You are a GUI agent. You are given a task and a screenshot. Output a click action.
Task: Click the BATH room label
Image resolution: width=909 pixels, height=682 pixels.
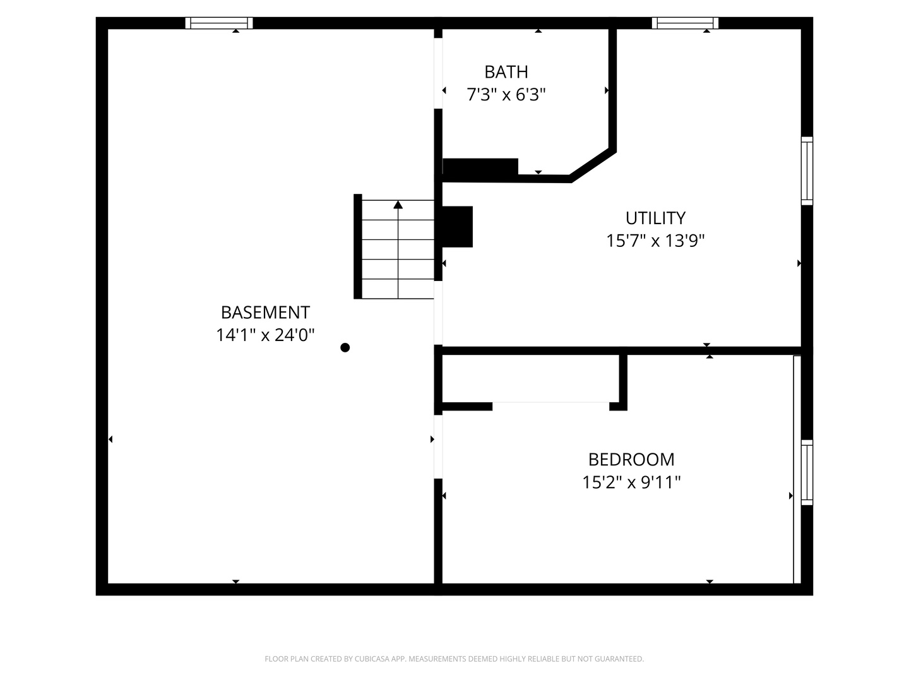pos(506,72)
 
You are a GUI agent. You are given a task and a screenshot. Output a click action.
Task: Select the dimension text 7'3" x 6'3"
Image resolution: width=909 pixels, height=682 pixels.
pos(506,95)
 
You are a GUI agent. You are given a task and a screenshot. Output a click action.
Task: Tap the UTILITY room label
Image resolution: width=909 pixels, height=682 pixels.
pos(655,218)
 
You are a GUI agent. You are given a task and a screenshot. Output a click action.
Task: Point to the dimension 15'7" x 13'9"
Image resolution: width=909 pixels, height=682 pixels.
pos(655,241)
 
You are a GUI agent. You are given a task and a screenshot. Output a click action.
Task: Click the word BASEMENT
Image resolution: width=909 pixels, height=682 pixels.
pos(265,313)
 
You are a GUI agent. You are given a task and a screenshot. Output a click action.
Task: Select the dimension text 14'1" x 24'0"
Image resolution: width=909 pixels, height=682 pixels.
pos(265,335)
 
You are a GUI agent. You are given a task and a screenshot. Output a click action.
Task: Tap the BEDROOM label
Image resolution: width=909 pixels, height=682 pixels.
pos(631,459)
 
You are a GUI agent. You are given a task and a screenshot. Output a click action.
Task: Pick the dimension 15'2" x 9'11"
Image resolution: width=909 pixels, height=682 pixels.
pos(631,482)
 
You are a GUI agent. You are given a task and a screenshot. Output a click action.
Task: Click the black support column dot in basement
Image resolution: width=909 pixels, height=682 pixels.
pos(345,347)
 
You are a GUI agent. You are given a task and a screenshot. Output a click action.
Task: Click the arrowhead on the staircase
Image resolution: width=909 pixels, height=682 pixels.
pos(398,205)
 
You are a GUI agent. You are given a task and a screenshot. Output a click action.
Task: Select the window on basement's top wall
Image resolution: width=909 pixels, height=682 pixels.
pos(219,23)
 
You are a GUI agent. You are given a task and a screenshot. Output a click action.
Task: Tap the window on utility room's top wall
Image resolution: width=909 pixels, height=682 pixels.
pos(685,23)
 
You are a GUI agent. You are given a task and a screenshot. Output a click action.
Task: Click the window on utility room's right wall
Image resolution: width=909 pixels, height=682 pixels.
pos(807,170)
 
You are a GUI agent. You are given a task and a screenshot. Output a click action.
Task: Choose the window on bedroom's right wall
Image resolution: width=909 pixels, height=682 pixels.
pos(807,472)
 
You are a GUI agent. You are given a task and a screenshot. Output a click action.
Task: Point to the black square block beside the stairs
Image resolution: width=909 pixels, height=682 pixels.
pos(457,227)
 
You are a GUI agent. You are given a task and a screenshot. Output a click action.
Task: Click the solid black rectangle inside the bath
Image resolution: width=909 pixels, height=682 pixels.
pos(480,167)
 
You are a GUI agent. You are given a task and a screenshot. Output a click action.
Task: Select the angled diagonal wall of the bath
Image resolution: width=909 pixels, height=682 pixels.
pos(592,165)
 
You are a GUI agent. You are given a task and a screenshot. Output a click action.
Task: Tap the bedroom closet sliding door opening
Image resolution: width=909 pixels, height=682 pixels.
pos(550,402)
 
